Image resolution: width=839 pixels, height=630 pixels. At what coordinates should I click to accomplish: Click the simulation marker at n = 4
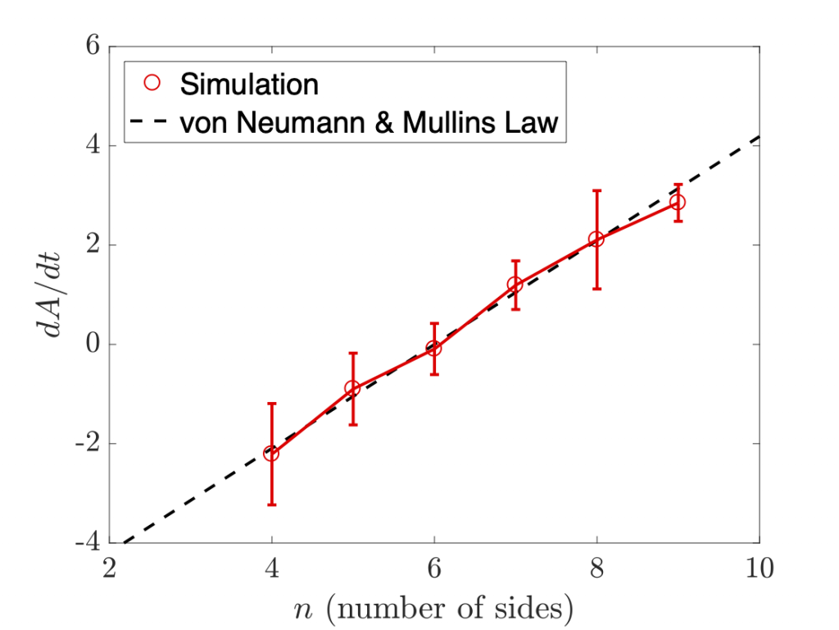pyautogui.click(x=271, y=453)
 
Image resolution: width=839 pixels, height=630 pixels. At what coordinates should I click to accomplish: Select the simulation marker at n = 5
pyautogui.click(x=352, y=388)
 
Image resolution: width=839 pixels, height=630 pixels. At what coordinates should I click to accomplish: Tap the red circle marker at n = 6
pyautogui.click(x=434, y=349)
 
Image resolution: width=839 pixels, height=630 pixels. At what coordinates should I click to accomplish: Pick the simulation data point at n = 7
pyautogui.click(x=515, y=285)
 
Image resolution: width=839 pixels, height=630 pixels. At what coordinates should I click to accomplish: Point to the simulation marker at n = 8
pyautogui.click(x=596, y=239)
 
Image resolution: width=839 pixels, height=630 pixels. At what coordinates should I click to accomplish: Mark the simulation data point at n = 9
pyautogui.click(x=678, y=203)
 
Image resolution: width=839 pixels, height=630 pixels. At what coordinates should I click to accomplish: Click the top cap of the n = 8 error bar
pyautogui.click(x=596, y=190)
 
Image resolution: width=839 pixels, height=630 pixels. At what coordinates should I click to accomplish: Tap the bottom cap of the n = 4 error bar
pyautogui.click(x=271, y=504)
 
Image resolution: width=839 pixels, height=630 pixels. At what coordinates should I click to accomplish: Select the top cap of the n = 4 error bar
pyautogui.click(x=271, y=404)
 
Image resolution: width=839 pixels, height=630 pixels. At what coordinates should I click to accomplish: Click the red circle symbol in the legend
pyautogui.click(x=151, y=83)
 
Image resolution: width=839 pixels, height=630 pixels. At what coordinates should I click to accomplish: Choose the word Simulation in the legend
pyautogui.click(x=248, y=83)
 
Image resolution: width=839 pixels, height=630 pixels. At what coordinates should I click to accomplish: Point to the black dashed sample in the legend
pyautogui.click(x=151, y=122)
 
